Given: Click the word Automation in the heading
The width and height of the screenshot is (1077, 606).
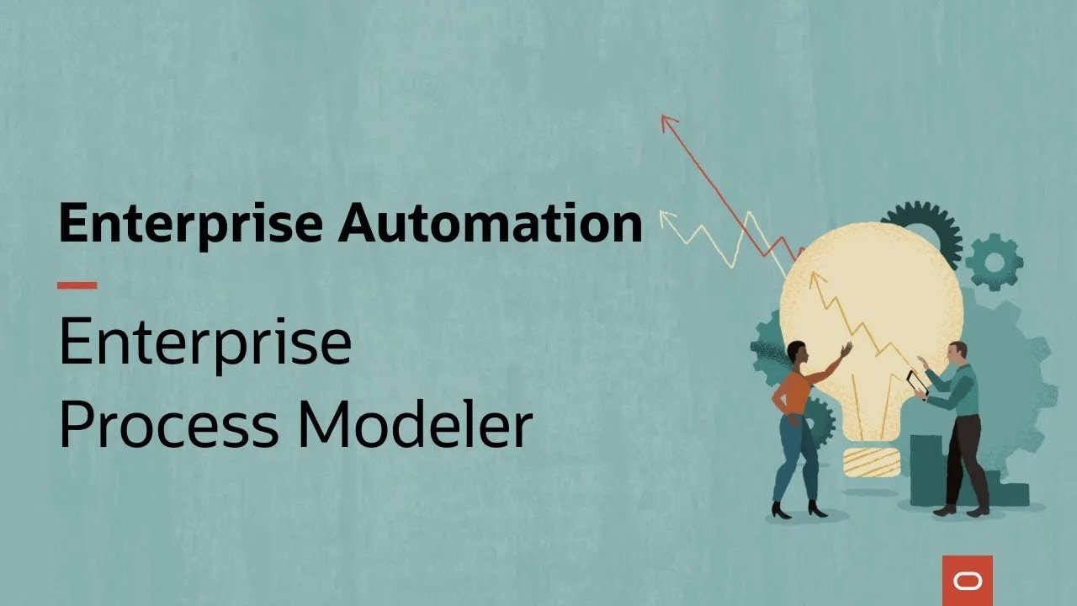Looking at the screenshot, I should tap(491, 224).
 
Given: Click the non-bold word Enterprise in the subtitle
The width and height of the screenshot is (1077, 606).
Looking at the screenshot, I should tap(204, 343).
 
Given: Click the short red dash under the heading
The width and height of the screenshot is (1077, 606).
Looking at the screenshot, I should tap(77, 285).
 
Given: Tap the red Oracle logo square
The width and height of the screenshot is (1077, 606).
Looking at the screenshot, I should tap(967, 581).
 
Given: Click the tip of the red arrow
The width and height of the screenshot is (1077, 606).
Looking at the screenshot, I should tap(666, 119).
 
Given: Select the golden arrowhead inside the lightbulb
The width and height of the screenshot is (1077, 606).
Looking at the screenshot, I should tap(814, 278).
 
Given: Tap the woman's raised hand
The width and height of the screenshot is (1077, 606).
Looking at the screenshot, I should tap(845, 348).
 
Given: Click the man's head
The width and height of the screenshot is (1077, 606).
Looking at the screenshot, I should tap(957, 351).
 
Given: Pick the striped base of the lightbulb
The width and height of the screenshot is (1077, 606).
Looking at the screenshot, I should tap(871, 461).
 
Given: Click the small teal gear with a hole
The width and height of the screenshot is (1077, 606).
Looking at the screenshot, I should tap(994, 262).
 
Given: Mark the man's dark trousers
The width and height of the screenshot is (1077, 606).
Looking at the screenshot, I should tap(963, 459).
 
